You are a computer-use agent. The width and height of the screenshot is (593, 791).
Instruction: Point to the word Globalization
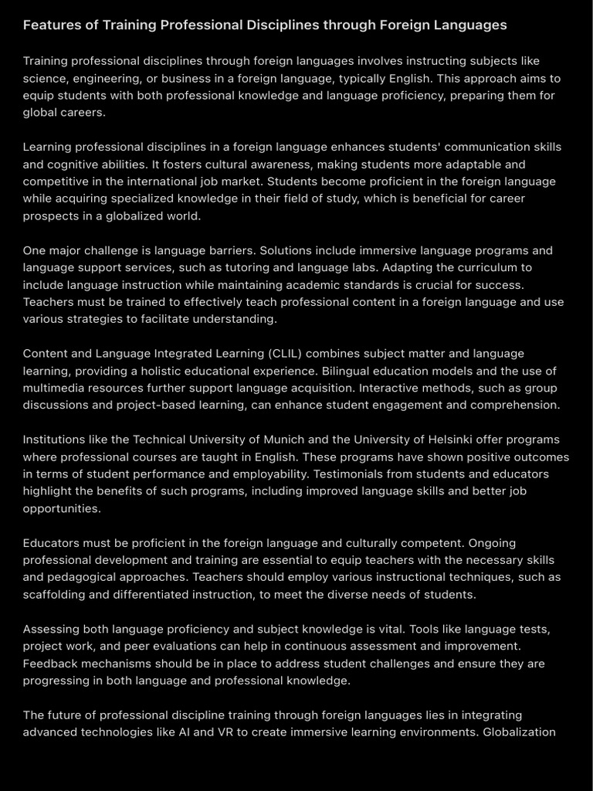[519, 732]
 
